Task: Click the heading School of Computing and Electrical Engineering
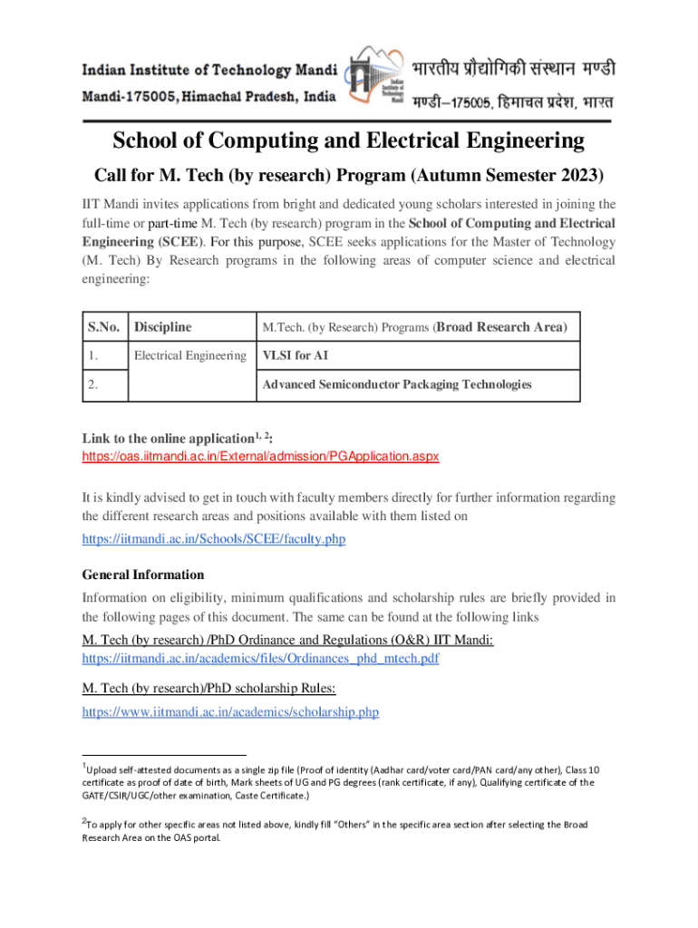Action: click(349, 140)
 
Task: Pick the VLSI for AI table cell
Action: click(294, 356)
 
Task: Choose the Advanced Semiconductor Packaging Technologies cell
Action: click(396, 385)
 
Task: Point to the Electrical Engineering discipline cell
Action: click(190, 356)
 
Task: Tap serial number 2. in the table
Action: click(94, 385)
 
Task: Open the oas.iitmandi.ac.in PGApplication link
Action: click(260, 456)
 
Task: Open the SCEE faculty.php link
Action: click(214, 539)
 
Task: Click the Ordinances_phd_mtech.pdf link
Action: click(260, 659)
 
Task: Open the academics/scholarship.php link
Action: click(230, 712)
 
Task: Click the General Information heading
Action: click(143, 575)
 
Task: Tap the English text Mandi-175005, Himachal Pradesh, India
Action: click(211, 95)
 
